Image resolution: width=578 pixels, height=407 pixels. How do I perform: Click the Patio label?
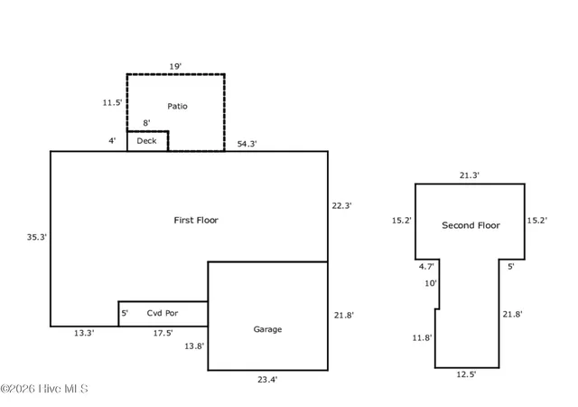[x=177, y=107]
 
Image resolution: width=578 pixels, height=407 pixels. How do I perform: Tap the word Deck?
[x=146, y=141]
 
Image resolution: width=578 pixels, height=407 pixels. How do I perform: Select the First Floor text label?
[x=196, y=220]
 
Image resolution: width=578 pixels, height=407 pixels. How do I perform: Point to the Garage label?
[x=267, y=329]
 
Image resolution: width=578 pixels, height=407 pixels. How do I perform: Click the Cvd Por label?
[x=163, y=313]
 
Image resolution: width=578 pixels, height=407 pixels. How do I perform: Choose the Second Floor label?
[x=471, y=225]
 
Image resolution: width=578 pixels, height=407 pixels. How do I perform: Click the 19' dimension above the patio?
[x=175, y=67]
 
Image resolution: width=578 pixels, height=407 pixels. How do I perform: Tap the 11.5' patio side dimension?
[x=112, y=103]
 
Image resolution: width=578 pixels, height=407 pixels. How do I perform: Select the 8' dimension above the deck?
[x=146, y=123]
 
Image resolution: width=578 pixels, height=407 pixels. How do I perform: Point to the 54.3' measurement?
[x=247, y=144]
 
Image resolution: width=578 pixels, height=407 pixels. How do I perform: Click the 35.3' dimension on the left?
[x=36, y=237]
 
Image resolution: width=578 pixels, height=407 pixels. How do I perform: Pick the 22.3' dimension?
[x=341, y=205]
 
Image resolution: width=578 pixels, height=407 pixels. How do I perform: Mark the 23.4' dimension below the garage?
[x=267, y=379]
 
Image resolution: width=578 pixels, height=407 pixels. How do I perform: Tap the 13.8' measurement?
[x=194, y=346]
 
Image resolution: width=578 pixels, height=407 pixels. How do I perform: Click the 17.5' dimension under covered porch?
[x=163, y=333]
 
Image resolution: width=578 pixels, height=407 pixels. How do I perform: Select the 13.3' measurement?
[x=84, y=333]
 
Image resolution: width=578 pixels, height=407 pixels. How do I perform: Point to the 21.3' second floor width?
[x=470, y=175]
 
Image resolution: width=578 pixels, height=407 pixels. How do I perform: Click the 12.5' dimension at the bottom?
[x=466, y=374]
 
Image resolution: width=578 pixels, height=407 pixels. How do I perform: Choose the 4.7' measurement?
[x=426, y=266]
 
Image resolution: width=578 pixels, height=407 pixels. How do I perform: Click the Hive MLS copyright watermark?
[x=44, y=389]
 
